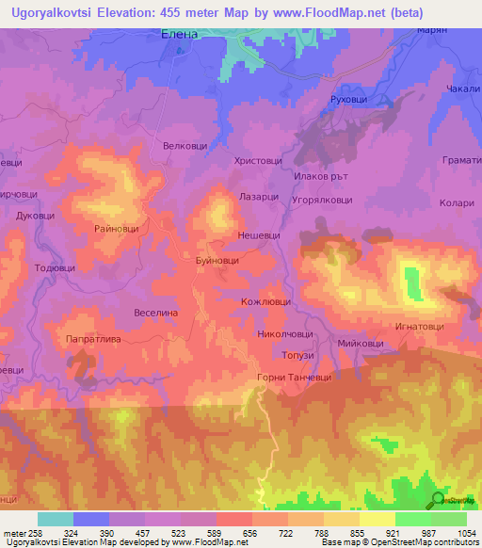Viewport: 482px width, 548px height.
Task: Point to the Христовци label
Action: click(258, 161)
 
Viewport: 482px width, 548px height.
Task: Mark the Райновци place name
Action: click(117, 229)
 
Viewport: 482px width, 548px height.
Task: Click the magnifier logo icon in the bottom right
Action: click(438, 499)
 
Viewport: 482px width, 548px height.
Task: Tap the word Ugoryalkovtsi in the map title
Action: click(53, 12)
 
